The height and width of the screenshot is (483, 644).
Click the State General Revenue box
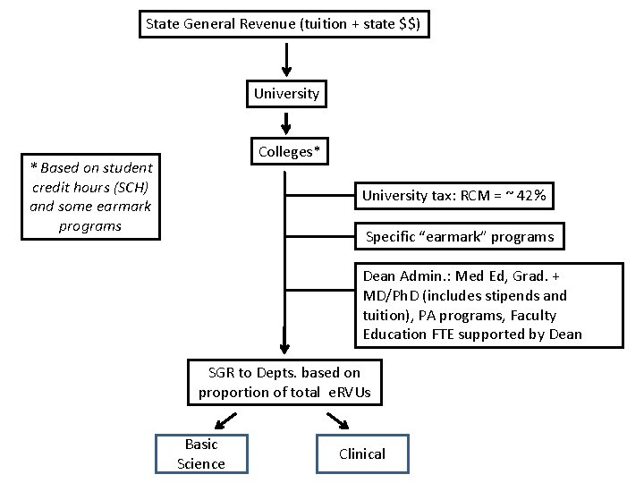[285, 24]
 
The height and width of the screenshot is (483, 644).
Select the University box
[285, 93]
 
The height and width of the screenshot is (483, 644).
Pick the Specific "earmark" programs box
[460, 237]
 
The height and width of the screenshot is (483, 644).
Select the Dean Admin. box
[472, 305]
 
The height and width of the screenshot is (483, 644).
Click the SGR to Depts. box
[284, 382]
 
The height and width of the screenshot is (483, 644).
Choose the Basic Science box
[201, 453]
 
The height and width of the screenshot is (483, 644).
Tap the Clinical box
[361, 453]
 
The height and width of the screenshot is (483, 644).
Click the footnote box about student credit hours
[90, 196]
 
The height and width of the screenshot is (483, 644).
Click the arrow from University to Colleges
[285, 121]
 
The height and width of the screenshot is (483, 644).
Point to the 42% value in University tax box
[540, 196]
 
